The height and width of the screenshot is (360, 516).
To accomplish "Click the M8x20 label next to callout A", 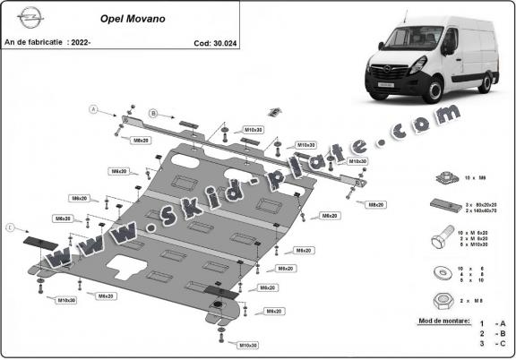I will pos(141,141).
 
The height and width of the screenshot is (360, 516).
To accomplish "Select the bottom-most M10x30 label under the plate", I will pos(247,344).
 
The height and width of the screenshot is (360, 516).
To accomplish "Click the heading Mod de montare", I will pos(443,319).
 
